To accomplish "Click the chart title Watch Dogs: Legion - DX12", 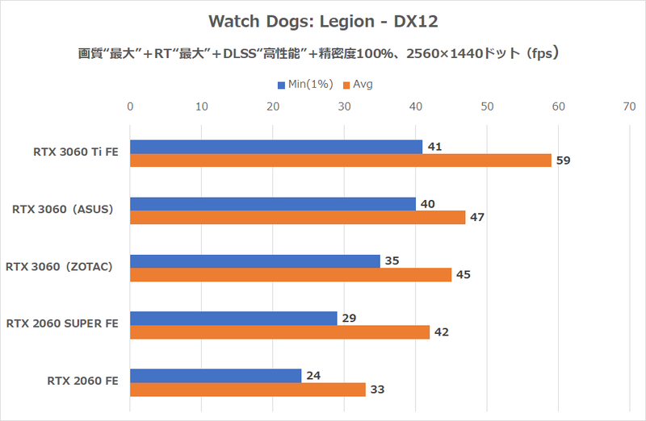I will pos(323,19).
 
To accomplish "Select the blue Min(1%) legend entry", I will pos(304,84).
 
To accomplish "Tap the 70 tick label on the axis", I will pos(629,106).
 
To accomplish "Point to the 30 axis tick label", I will pos(344,106).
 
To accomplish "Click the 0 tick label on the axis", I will pos(130,106).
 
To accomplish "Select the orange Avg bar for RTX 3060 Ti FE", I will pos(340,160).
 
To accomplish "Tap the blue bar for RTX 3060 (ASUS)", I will pos(272,204).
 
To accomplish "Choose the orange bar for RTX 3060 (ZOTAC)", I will pos(291,275).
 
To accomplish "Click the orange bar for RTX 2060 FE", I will pos(248,390).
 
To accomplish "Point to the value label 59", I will pos(564,160).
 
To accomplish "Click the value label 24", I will pos(313,376).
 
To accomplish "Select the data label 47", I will pos(477,218).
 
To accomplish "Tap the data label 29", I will pos(349,319).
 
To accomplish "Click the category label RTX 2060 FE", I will pos(84,382).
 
